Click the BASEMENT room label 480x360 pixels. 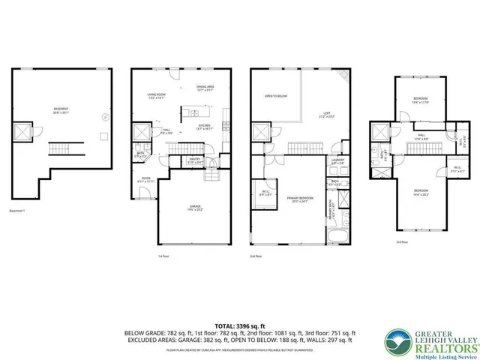(61, 109)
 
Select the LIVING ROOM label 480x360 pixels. (157, 95)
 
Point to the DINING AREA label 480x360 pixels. (205, 88)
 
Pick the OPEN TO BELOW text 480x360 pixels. (277, 96)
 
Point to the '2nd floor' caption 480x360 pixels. (256, 256)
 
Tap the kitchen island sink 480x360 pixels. (192, 114)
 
